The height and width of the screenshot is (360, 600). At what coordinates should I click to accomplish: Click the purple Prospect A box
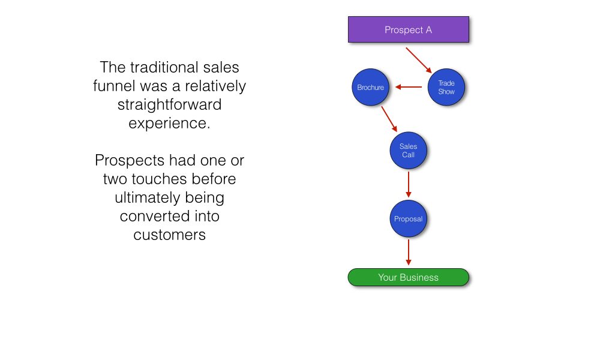click(x=408, y=29)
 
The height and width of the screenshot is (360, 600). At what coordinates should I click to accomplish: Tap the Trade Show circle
click(x=446, y=88)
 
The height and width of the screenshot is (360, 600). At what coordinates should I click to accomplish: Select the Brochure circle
click(x=370, y=88)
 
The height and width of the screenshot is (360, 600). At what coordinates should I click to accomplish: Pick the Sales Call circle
click(x=408, y=151)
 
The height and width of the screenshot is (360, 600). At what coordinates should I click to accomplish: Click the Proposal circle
click(x=408, y=219)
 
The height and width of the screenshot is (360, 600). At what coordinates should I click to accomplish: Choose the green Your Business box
click(x=408, y=277)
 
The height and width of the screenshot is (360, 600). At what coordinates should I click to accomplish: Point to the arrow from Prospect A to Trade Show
click(x=419, y=61)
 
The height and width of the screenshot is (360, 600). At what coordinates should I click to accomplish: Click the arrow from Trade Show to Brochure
click(x=409, y=88)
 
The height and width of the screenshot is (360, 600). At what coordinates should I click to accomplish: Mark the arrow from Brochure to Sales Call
click(x=389, y=119)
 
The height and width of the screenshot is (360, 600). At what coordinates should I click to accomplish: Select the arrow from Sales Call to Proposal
click(x=409, y=184)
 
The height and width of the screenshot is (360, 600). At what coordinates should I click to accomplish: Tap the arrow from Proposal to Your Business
click(x=409, y=252)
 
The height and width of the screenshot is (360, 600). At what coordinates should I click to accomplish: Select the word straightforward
click(x=169, y=105)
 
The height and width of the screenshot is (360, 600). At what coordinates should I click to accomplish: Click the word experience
click(x=169, y=124)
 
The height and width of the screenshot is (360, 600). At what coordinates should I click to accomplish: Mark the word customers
click(x=169, y=235)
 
